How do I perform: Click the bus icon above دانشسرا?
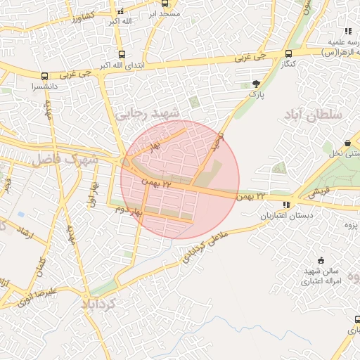point(45,76)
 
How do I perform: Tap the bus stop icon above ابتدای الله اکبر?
point(122,54)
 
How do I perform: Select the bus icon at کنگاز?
point(289,53)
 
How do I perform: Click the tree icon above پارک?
point(255,82)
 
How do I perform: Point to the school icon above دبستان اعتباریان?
point(285,205)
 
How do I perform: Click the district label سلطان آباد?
point(313,114)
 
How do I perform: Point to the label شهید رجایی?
point(148,112)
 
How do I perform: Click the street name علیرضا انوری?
point(51,291)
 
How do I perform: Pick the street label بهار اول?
point(91,191)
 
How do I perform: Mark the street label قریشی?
point(319,190)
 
